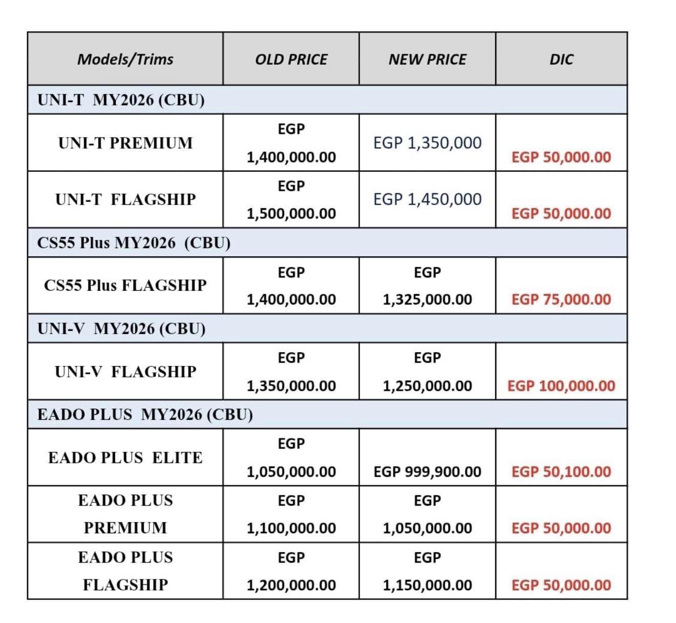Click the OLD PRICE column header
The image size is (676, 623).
click(x=291, y=59)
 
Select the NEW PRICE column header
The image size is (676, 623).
click(x=427, y=59)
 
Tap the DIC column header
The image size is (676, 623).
click(x=561, y=59)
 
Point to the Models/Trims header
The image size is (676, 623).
click(x=125, y=59)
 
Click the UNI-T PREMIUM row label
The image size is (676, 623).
click(x=125, y=143)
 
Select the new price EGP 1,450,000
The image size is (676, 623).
click(x=427, y=199)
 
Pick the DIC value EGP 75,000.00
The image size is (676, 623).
click(x=561, y=299)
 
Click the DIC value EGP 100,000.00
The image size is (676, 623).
click(x=561, y=386)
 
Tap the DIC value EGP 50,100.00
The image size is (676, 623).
click(x=561, y=472)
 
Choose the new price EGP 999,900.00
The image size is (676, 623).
click(x=427, y=472)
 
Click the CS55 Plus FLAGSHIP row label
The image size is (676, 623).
click(x=125, y=285)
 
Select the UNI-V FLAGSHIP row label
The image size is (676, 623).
click(x=125, y=371)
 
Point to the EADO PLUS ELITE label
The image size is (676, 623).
click(x=125, y=457)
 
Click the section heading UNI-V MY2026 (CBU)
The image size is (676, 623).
click(x=121, y=328)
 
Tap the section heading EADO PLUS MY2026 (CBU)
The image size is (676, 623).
click(x=145, y=414)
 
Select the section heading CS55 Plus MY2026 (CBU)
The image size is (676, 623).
click(x=134, y=243)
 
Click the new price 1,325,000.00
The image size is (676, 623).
click(x=427, y=299)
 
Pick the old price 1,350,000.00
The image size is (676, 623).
click(x=291, y=386)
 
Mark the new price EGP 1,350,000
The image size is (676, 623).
click(x=427, y=143)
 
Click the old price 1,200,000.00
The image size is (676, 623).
click(x=291, y=585)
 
